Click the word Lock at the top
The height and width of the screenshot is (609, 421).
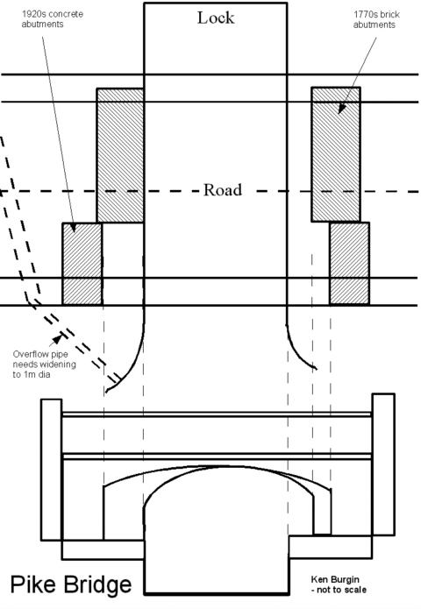pos(216,18)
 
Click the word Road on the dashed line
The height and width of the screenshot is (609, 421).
pos(223,190)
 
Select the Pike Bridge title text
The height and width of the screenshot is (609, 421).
pos(71,585)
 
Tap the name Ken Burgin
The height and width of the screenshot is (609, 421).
pos(335,579)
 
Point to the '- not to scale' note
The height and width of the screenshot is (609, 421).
pos(339,590)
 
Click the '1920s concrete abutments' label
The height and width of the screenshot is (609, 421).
pos(52,19)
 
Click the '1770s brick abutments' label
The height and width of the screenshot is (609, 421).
pos(376,19)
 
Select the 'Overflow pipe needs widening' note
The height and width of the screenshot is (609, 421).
pos(45,365)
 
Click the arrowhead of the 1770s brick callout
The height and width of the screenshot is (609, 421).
pos(342,108)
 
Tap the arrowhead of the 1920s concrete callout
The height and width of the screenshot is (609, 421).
pos(73,227)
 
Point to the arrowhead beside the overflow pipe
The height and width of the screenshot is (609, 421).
pos(58,339)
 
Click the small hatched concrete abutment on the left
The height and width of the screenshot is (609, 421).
pos(82,264)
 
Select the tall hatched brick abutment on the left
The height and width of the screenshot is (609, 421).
pos(120,155)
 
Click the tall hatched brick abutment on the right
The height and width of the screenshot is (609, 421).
pos(336,154)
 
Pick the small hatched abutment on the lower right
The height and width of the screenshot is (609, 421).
pos(349,264)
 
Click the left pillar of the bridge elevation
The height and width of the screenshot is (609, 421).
pos(52,470)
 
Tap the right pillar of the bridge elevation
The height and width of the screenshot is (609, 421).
pos(383,464)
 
